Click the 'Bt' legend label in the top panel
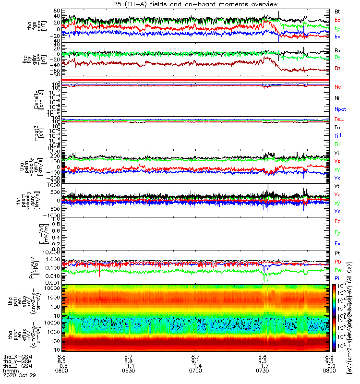tap(338, 11)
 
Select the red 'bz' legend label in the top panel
tap(338, 20)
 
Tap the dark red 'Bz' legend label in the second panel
tap(338, 68)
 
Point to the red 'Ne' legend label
tap(338, 87)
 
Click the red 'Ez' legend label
tap(338, 222)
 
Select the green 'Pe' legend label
tap(338, 271)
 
